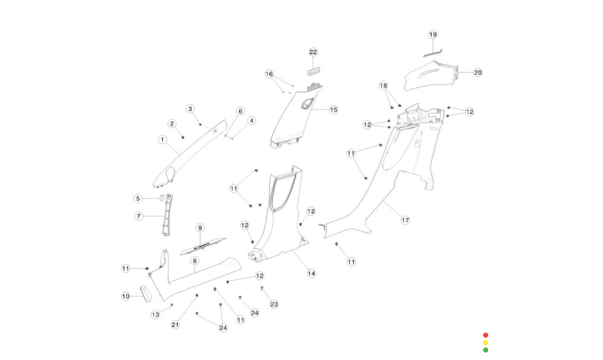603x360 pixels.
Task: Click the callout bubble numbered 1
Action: coord(162,140)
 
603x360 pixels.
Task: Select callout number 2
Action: coord(172,123)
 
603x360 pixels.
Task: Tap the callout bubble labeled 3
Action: coord(190,109)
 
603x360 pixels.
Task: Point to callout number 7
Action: coord(139,216)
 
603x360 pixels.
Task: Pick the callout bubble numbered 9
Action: coord(200,227)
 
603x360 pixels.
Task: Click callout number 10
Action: coord(126,296)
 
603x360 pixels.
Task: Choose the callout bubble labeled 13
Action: coord(155,314)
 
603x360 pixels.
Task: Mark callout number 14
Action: coord(311,273)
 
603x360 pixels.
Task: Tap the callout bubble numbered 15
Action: coord(333,110)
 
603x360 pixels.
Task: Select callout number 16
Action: coord(269,74)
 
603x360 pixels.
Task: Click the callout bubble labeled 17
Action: coord(405,220)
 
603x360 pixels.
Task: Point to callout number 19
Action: coord(432,34)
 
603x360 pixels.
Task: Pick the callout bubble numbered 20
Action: coord(478,73)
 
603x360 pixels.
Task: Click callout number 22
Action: coord(313,52)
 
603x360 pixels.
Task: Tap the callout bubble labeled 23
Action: coord(274,304)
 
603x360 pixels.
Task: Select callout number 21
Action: coord(175,325)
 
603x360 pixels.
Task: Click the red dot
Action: coord(486,335)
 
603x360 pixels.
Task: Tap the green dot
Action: coord(486,350)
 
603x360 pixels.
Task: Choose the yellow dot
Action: coord(486,342)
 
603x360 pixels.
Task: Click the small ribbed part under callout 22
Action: coord(313,71)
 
